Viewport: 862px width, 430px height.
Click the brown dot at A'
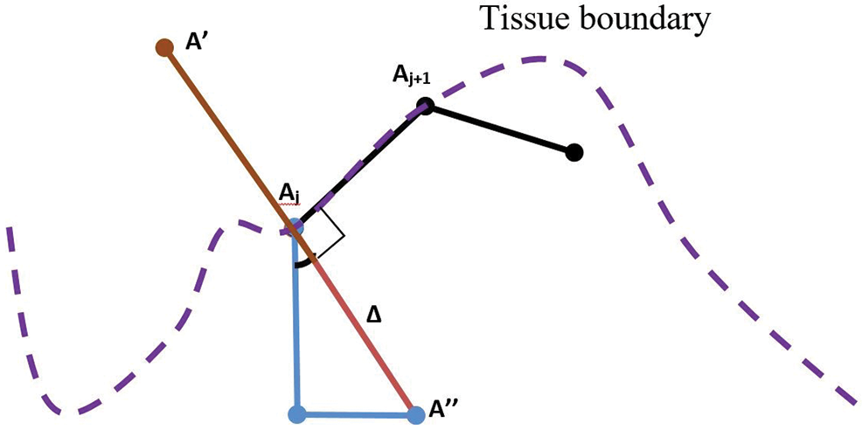162,47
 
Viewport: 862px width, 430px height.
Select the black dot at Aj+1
426,106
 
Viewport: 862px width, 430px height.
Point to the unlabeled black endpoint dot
574,152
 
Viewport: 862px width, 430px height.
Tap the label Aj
289,195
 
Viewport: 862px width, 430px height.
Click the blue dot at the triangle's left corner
297,412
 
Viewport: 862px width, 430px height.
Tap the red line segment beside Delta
358,327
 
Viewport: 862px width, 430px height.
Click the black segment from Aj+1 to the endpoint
499,128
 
